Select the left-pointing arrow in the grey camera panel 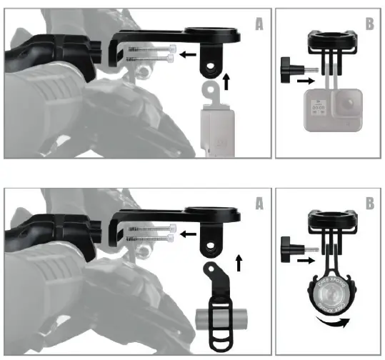point(187,54)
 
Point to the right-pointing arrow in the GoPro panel point(304,82)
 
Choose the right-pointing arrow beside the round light point(304,262)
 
